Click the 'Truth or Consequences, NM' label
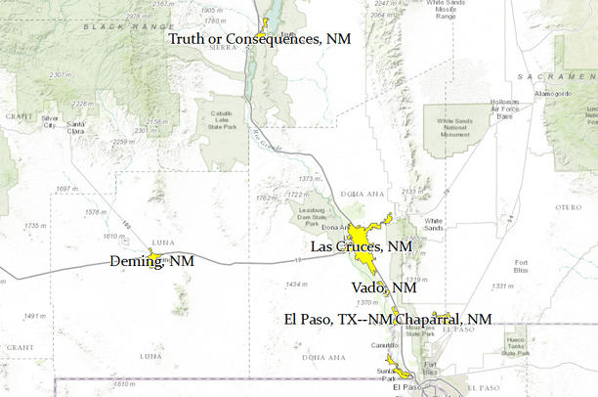point(258,38)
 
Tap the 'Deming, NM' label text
point(150,262)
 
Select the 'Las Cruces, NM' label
point(362,247)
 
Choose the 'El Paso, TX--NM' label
point(338,320)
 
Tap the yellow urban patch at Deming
point(153,256)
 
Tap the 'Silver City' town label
point(46,121)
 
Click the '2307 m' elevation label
point(59,74)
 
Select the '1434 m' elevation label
point(297,284)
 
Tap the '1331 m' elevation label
point(530,287)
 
